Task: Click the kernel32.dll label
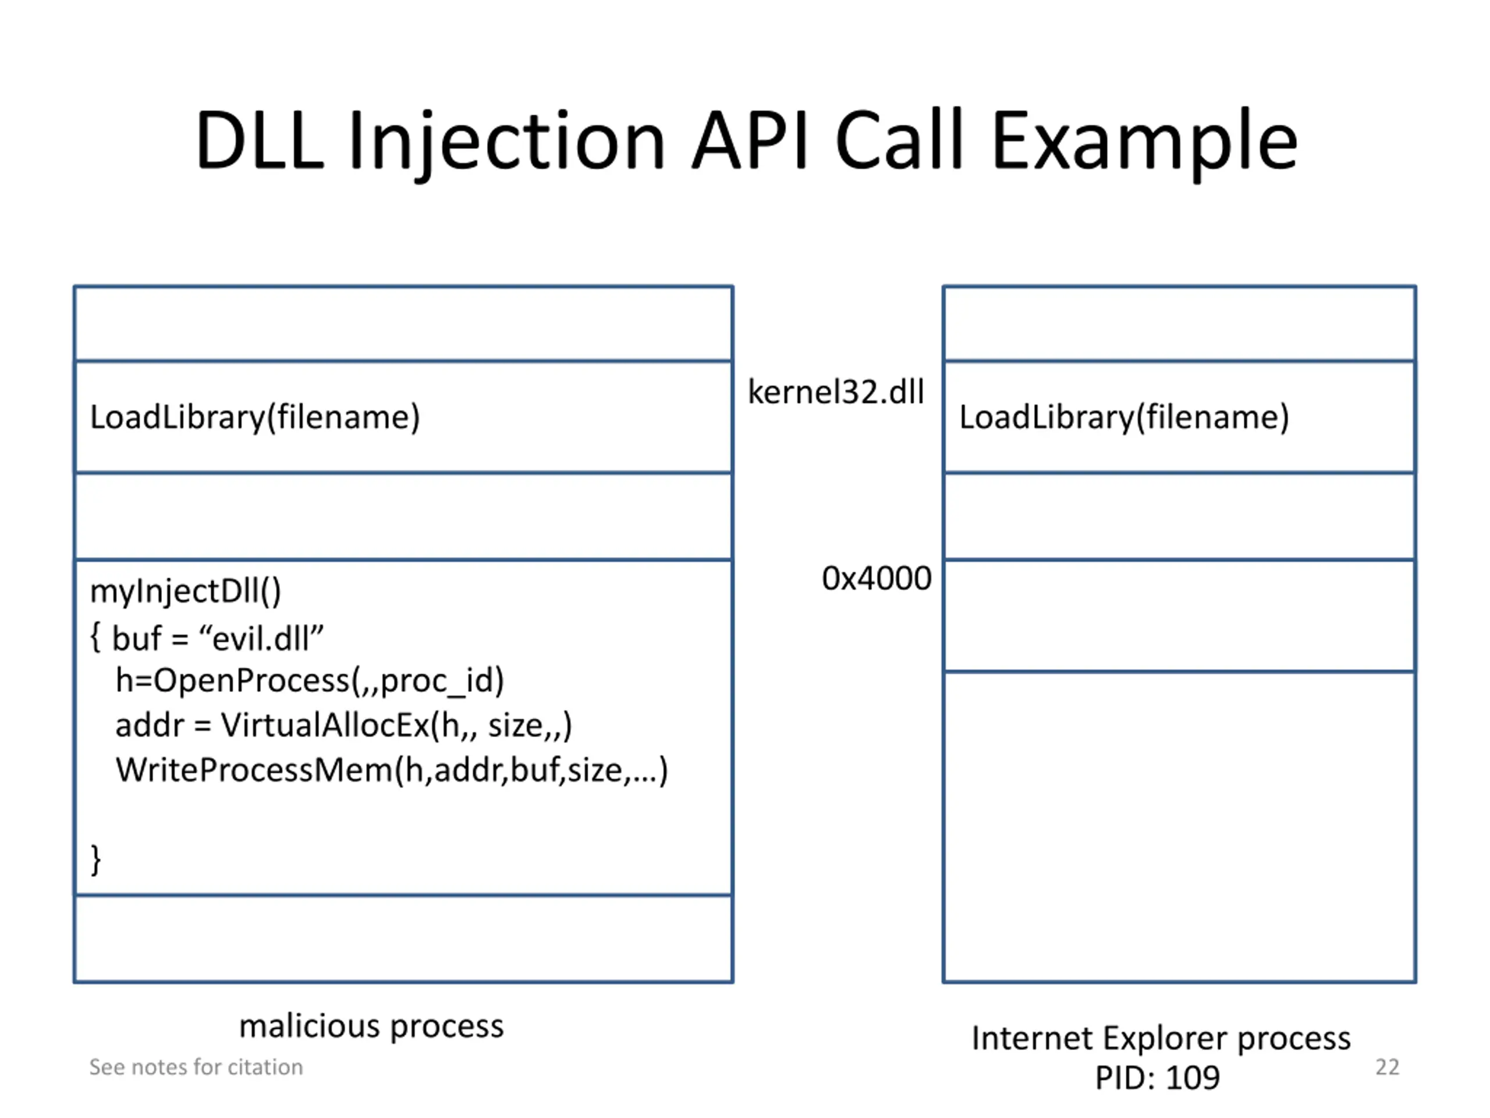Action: [836, 392]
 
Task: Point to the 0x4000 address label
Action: [877, 578]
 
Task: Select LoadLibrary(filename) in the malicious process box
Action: [254, 417]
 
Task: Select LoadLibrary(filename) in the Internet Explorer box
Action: [1123, 417]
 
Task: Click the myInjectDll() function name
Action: [185, 592]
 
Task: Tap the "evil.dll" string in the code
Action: [262, 638]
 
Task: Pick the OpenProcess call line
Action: [310, 681]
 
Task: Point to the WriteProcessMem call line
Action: [391, 770]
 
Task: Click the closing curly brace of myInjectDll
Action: [95, 860]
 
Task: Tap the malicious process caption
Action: [371, 1027]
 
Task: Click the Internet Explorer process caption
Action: [1161, 1038]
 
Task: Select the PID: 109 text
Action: [1157, 1078]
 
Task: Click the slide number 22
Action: [1387, 1067]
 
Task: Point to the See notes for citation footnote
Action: [196, 1067]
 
